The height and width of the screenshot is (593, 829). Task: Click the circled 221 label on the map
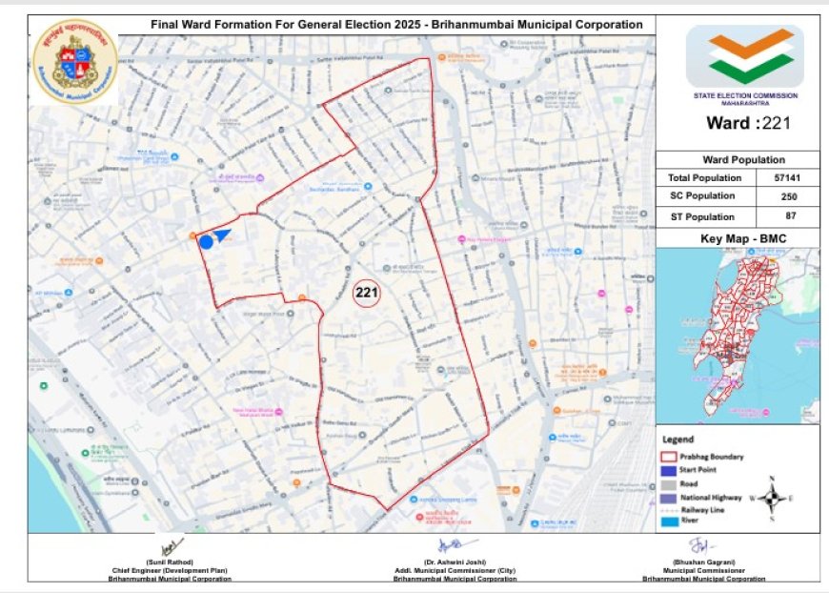367,293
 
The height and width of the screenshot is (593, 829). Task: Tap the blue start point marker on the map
207,242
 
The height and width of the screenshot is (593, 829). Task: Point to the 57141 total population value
786,177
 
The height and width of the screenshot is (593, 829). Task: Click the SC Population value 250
786,196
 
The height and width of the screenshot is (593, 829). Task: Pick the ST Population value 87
786,216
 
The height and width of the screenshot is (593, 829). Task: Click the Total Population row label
705,177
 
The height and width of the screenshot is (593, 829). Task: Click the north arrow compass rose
774,497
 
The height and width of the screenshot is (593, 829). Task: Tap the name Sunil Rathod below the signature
170,563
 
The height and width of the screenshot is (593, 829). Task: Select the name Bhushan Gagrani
703,563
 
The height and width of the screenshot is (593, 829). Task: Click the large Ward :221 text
748,122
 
